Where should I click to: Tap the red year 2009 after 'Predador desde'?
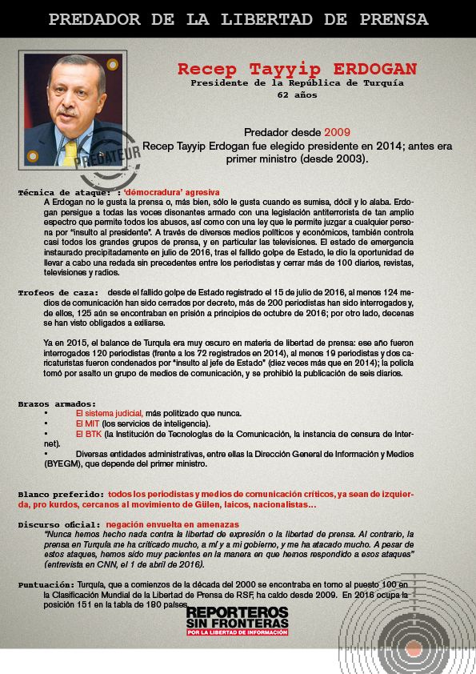click(337, 130)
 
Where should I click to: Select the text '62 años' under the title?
click(297, 94)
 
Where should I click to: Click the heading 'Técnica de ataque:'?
click(64, 193)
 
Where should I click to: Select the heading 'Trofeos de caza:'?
click(58, 293)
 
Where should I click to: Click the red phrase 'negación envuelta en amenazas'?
click(172, 524)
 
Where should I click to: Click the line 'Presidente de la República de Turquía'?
click(297, 82)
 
